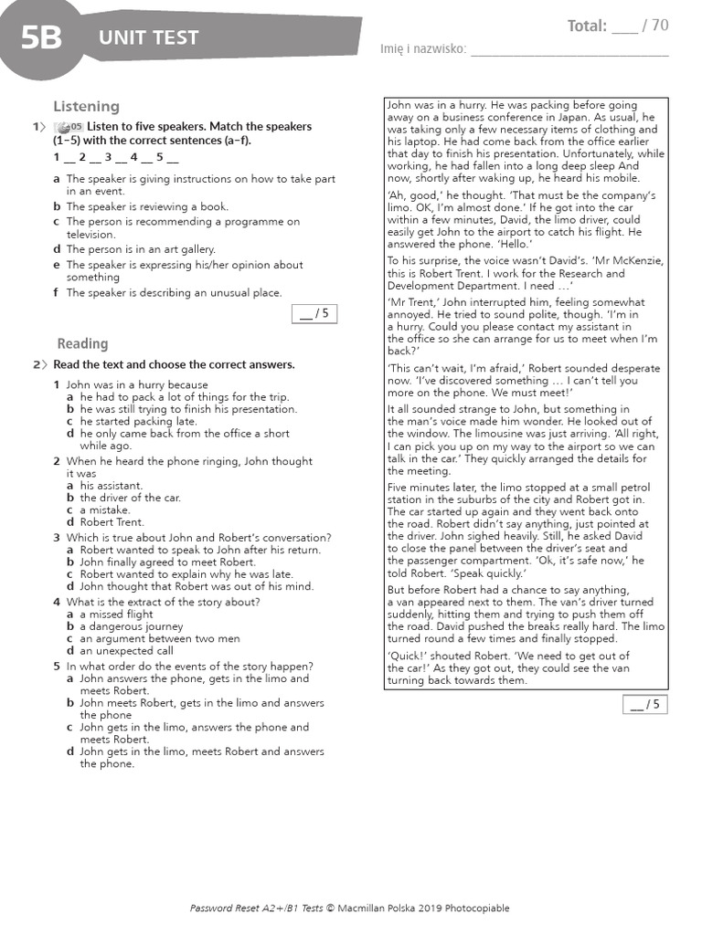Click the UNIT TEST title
tap(148, 38)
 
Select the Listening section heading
tap(86, 107)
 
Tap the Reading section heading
tap(82, 343)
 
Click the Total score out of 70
tap(617, 26)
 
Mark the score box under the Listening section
tap(314, 314)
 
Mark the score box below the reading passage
tap(646, 704)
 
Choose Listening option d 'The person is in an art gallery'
tap(141, 249)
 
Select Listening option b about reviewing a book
tap(146, 206)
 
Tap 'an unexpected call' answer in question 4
tap(125, 651)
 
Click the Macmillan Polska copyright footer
tap(350, 908)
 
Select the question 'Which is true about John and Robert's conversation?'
tap(198, 538)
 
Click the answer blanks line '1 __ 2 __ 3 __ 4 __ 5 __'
tap(115, 157)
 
